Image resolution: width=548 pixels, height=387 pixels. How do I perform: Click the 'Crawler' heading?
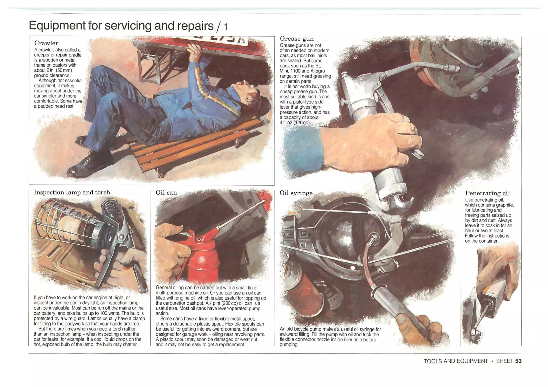click(46, 43)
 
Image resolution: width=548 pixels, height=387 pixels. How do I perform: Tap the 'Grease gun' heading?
click(296, 39)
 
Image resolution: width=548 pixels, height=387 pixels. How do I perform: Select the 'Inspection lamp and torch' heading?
click(72, 192)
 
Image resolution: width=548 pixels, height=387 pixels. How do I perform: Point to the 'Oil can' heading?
click(166, 193)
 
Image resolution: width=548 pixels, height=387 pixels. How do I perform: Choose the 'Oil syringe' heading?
click(296, 193)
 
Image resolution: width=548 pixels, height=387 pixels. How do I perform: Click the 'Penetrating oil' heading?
click(488, 193)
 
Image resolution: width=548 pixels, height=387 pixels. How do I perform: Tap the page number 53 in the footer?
click(518, 361)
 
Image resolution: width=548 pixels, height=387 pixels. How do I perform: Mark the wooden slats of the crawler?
click(195, 144)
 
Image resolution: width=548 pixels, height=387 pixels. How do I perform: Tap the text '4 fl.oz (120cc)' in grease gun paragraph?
click(295, 122)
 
